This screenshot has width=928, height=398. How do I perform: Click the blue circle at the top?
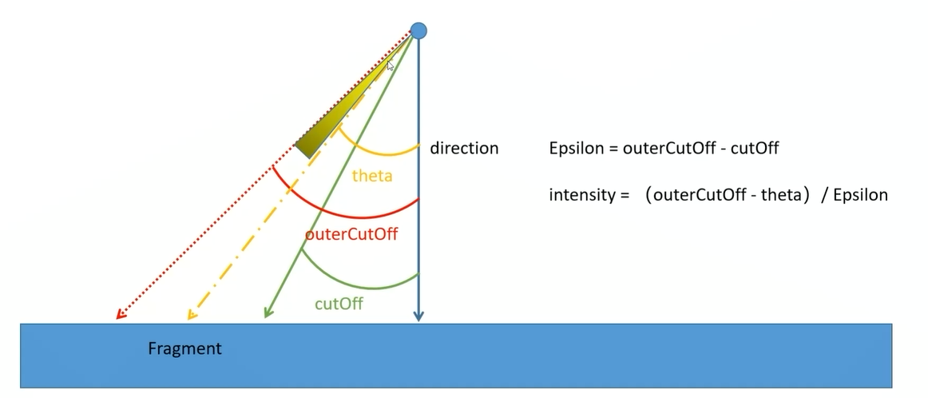[418, 31]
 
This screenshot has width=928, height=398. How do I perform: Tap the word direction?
[464, 148]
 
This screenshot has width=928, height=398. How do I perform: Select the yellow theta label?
[372, 176]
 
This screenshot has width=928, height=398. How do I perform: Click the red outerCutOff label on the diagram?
[351, 235]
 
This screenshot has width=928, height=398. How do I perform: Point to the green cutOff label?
[339, 304]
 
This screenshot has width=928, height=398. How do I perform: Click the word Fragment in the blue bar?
[184, 348]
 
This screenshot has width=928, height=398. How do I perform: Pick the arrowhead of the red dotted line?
[120, 314]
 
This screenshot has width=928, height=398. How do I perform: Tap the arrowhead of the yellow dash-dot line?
[191, 315]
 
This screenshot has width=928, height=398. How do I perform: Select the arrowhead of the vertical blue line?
[418, 317]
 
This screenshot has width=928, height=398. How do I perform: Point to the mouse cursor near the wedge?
[391, 67]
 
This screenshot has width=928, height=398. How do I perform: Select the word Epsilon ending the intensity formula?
[860, 195]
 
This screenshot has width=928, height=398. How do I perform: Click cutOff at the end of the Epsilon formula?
[755, 148]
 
